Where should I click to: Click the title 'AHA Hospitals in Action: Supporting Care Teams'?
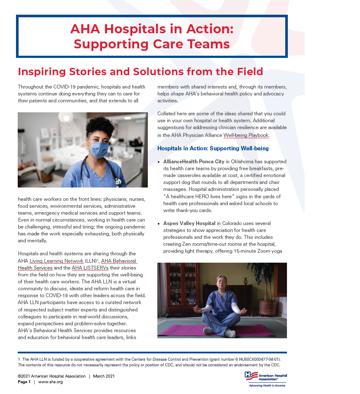point(152,36)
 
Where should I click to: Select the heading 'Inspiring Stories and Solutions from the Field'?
point(140,71)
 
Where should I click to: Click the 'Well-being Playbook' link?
point(246,135)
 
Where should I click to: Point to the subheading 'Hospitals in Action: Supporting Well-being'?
point(213,149)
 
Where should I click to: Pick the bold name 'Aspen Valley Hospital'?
point(189,223)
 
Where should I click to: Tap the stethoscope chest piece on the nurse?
point(118,182)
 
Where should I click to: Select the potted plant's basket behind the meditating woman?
point(268,307)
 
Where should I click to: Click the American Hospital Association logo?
point(265,379)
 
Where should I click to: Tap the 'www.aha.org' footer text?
point(51,382)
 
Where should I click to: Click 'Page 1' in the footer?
point(24,382)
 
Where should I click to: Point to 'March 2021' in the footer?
point(104,376)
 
